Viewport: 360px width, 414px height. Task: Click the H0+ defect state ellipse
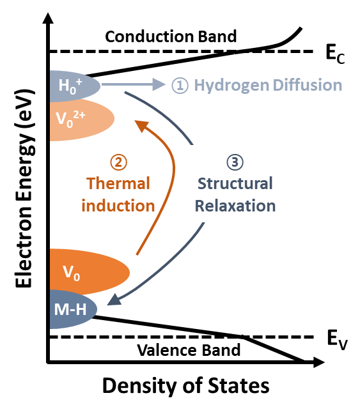point(75,86)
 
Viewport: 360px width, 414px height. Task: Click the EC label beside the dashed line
point(335,54)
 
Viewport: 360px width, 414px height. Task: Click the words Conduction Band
point(171,36)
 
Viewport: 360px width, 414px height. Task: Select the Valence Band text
point(189,350)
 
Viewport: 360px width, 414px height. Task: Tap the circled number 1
point(180,86)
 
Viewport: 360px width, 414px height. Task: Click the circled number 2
point(119,162)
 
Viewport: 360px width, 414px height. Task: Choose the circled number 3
point(235,162)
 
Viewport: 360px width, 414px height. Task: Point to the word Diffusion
point(308,85)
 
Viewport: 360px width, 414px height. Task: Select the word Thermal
point(118,183)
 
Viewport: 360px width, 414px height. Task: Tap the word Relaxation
point(235,206)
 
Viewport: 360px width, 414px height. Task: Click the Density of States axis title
point(186,387)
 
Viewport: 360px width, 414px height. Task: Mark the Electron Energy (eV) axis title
point(25,188)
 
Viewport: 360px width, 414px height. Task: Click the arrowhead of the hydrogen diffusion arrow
point(159,84)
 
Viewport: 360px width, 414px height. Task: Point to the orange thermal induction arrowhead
point(141,125)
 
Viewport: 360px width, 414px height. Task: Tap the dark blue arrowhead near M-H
point(114,300)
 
